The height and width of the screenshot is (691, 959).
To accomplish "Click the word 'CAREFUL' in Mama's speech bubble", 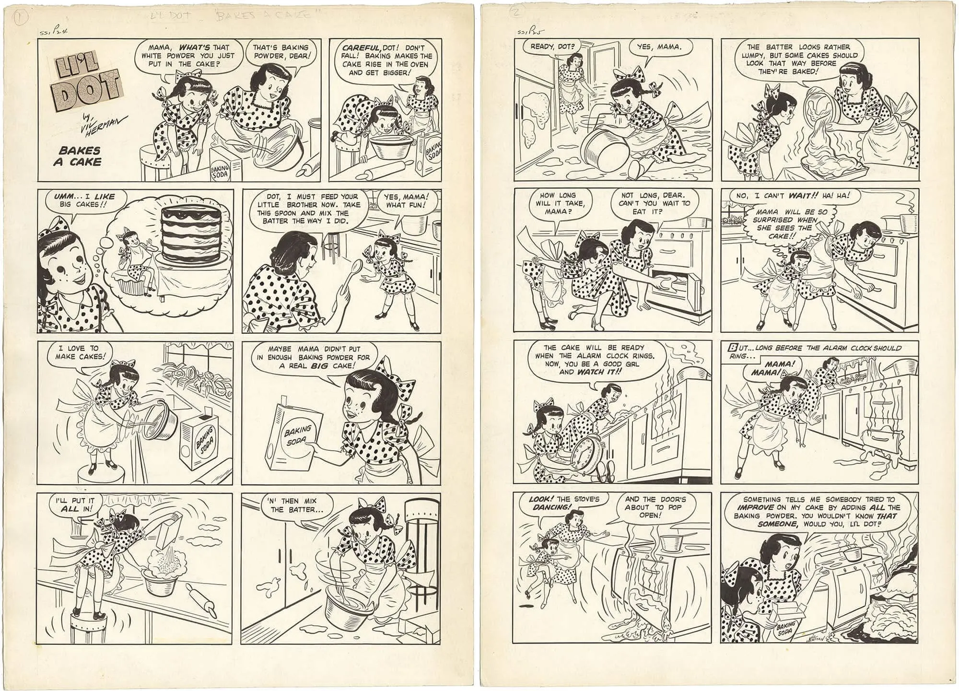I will click(357, 47).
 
